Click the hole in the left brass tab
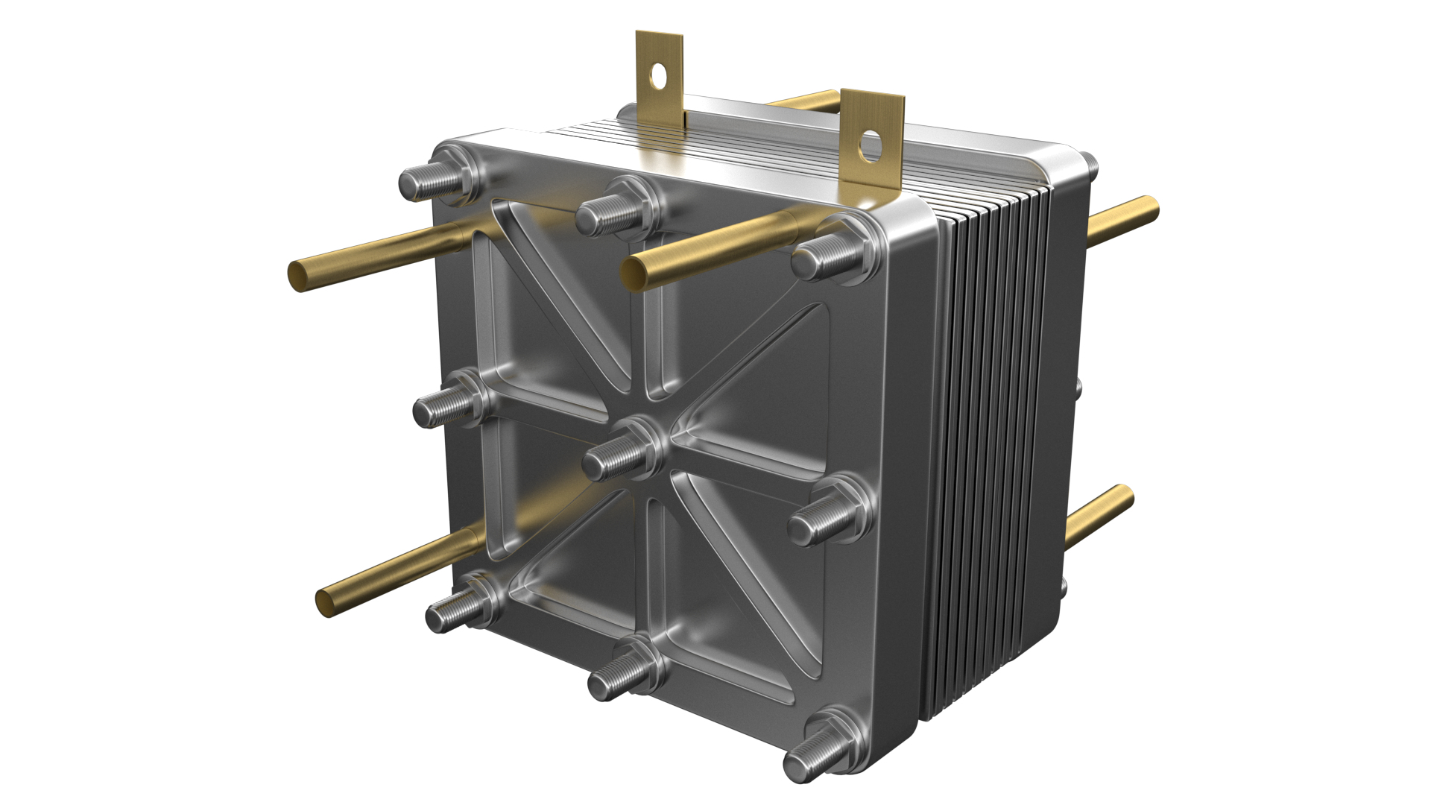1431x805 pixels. pyautogui.click(x=658, y=75)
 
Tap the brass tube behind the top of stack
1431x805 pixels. pyautogui.click(x=805, y=100)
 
